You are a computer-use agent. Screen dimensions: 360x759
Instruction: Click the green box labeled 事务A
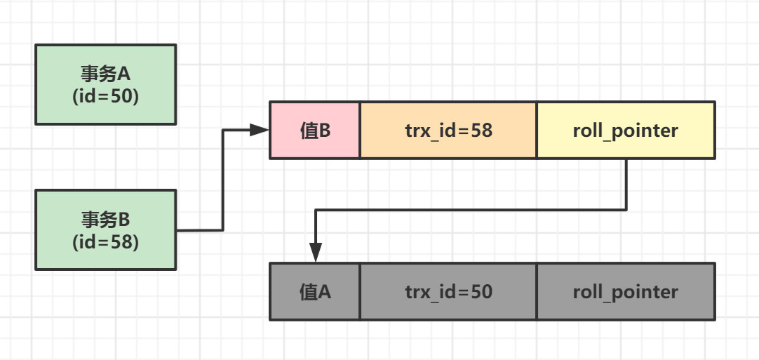pos(105,84)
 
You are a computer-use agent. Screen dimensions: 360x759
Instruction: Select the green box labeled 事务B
pos(105,230)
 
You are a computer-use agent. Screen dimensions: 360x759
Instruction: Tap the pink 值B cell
pos(315,131)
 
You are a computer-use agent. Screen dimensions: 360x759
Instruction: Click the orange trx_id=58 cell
pos(448,131)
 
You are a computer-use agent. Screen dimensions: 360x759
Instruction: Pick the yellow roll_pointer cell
pos(626,131)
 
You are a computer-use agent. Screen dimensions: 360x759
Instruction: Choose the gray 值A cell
pos(315,292)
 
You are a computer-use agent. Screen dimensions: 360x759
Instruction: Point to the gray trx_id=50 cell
pos(448,292)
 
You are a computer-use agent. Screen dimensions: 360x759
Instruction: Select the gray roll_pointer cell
pos(626,292)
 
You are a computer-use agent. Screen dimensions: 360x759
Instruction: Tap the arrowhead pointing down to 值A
pos(316,253)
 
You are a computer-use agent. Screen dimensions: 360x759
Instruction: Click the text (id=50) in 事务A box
pos(105,96)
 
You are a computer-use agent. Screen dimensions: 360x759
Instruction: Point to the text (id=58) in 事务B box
pos(105,242)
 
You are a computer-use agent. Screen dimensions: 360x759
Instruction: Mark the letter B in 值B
pos(325,131)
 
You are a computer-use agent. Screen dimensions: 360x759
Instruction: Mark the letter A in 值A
pos(325,292)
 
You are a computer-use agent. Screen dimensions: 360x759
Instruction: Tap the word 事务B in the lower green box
pos(105,220)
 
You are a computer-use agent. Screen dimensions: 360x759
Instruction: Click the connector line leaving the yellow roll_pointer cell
pos(626,184)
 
